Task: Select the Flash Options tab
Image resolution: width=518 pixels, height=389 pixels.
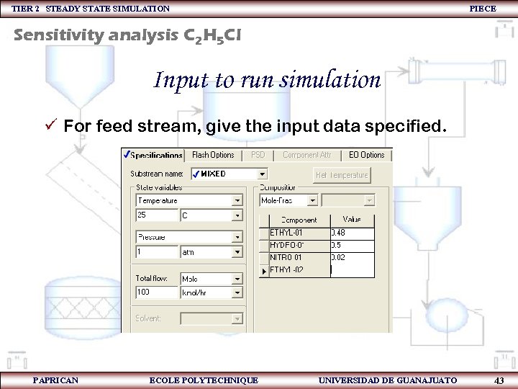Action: click(x=213, y=155)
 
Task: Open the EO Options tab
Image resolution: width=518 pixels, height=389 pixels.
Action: click(x=367, y=155)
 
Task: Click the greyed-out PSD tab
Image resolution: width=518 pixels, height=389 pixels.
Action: click(x=258, y=155)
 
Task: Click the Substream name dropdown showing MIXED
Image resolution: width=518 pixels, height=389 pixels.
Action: click(x=230, y=174)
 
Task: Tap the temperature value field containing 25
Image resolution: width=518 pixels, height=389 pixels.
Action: click(x=157, y=215)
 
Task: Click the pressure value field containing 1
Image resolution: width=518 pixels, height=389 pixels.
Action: click(x=157, y=252)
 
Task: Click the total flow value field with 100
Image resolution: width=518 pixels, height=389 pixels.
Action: click(x=157, y=292)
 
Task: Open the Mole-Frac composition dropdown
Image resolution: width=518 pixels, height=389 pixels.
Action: click(x=288, y=200)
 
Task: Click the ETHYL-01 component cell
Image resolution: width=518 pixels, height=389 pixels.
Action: click(x=299, y=233)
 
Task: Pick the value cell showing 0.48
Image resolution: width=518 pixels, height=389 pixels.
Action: click(x=352, y=233)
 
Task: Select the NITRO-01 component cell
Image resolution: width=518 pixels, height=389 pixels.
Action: click(x=299, y=257)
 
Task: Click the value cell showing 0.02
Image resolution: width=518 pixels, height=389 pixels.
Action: click(x=352, y=257)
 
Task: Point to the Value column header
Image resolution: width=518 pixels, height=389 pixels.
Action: click(x=352, y=219)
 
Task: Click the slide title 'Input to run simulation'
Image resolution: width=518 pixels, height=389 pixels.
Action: click(x=267, y=79)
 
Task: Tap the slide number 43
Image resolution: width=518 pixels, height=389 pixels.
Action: click(x=499, y=380)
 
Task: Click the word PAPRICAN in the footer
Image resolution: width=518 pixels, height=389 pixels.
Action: click(x=55, y=380)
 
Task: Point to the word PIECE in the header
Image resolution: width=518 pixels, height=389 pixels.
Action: click(x=482, y=8)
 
